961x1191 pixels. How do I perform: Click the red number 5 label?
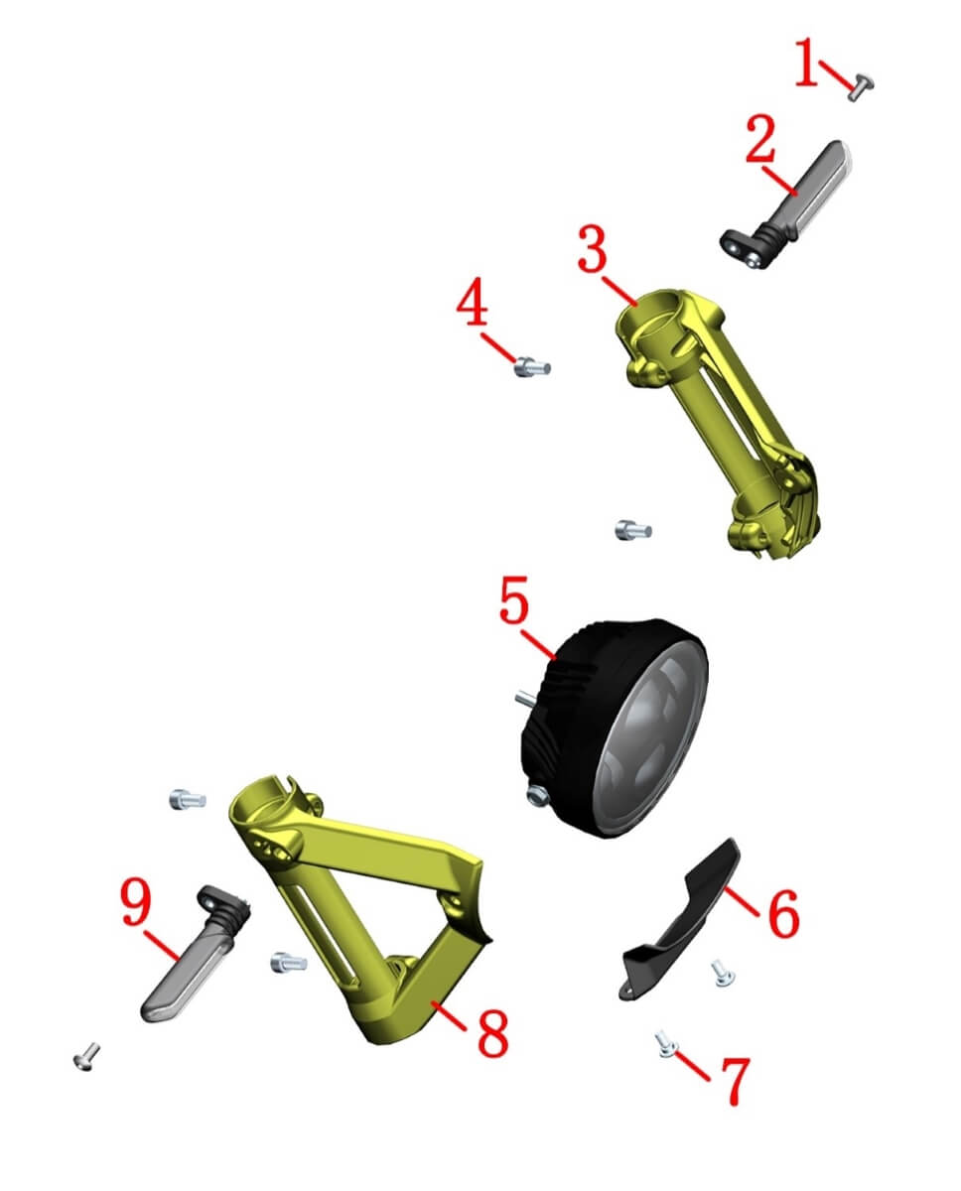[x=514, y=600]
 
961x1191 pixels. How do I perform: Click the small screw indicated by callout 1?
[x=861, y=87]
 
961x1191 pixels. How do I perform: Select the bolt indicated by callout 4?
[x=531, y=367]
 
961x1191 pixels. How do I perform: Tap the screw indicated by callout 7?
[x=665, y=1043]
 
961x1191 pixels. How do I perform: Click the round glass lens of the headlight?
[x=651, y=738]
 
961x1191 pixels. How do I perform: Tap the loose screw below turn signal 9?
[x=86, y=1056]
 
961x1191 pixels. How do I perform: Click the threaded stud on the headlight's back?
[x=527, y=700]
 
